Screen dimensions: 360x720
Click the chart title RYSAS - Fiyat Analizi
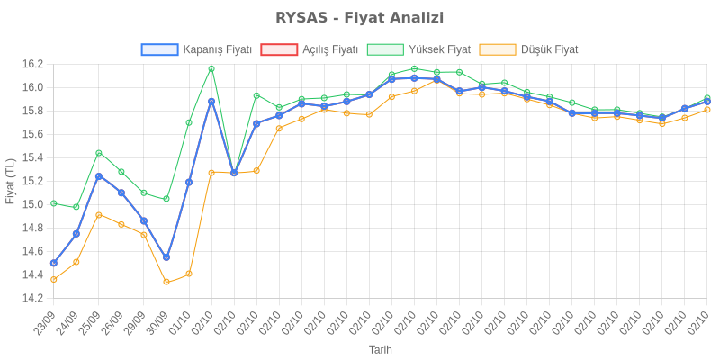[x=360, y=18]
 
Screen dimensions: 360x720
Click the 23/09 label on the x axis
[x=45, y=322]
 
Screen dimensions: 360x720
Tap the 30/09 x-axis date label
[x=157, y=322]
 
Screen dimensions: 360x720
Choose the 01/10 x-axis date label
[x=180, y=322]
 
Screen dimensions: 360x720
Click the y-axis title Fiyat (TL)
[x=10, y=181]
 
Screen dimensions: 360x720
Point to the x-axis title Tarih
[x=380, y=349]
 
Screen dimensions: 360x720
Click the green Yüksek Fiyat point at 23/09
[x=54, y=203]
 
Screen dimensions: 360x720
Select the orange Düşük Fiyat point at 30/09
[x=166, y=282]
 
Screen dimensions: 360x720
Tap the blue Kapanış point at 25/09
[x=99, y=175]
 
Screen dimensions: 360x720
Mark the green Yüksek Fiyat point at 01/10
[x=189, y=122]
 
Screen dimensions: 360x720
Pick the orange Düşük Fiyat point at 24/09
[x=76, y=262]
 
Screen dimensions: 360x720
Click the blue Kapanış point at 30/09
[x=166, y=257]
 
